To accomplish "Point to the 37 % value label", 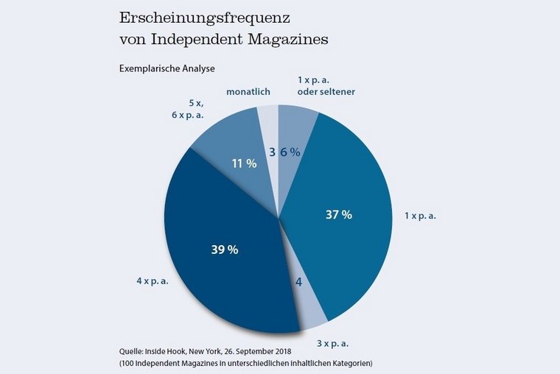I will click(x=339, y=215).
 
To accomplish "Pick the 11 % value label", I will click(x=244, y=163).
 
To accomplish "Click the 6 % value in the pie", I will click(x=290, y=152).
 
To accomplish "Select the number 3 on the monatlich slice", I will click(x=272, y=152).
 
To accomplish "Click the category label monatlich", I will click(x=248, y=92).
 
